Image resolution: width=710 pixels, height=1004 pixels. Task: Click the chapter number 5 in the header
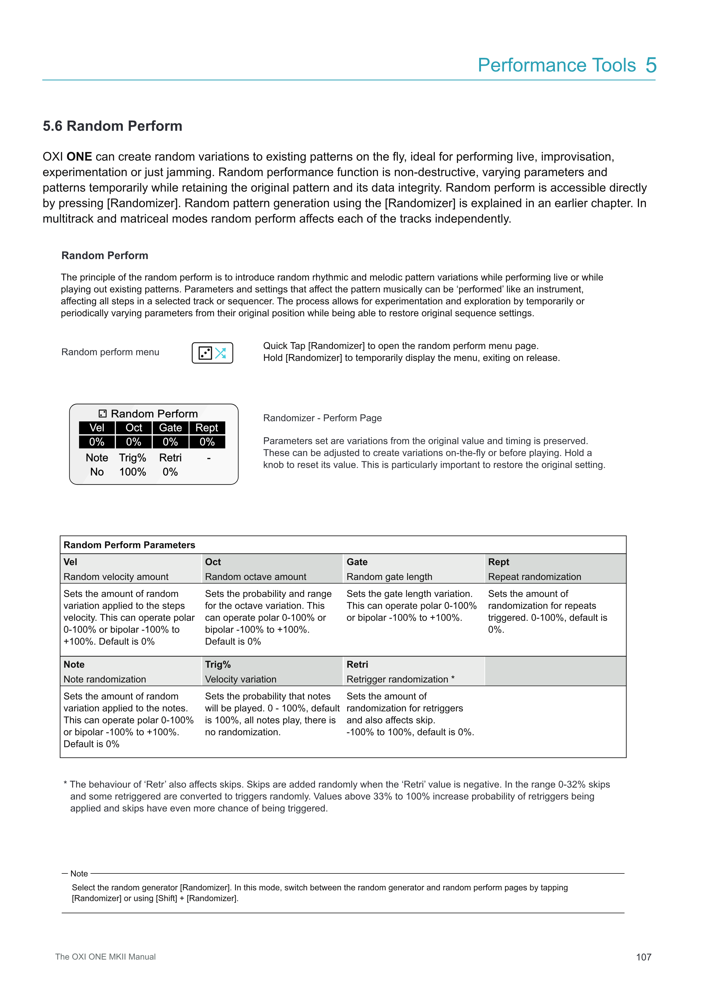pos(651,65)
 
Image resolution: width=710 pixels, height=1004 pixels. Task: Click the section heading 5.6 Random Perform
pos(112,126)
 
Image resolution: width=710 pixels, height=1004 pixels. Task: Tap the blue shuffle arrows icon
pos(220,353)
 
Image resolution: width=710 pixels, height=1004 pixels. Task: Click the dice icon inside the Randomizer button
pos(205,353)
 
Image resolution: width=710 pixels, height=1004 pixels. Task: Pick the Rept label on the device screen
pos(207,428)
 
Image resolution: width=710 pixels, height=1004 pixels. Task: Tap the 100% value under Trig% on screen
pos(133,472)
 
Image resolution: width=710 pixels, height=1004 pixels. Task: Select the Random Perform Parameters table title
pos(129,545)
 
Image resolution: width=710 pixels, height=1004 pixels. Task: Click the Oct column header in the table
pos(213,562)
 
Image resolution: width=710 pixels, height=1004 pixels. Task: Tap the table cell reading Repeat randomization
pos(534,577)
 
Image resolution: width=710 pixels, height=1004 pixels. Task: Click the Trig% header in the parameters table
pos(218,664)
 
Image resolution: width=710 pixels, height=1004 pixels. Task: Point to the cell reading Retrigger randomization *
pos(401,679)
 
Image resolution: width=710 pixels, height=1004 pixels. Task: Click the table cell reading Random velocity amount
pos(116,577)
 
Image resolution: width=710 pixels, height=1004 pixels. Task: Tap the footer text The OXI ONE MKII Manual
pos(105,957)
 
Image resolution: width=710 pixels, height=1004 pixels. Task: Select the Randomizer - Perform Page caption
pos(322,418)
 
